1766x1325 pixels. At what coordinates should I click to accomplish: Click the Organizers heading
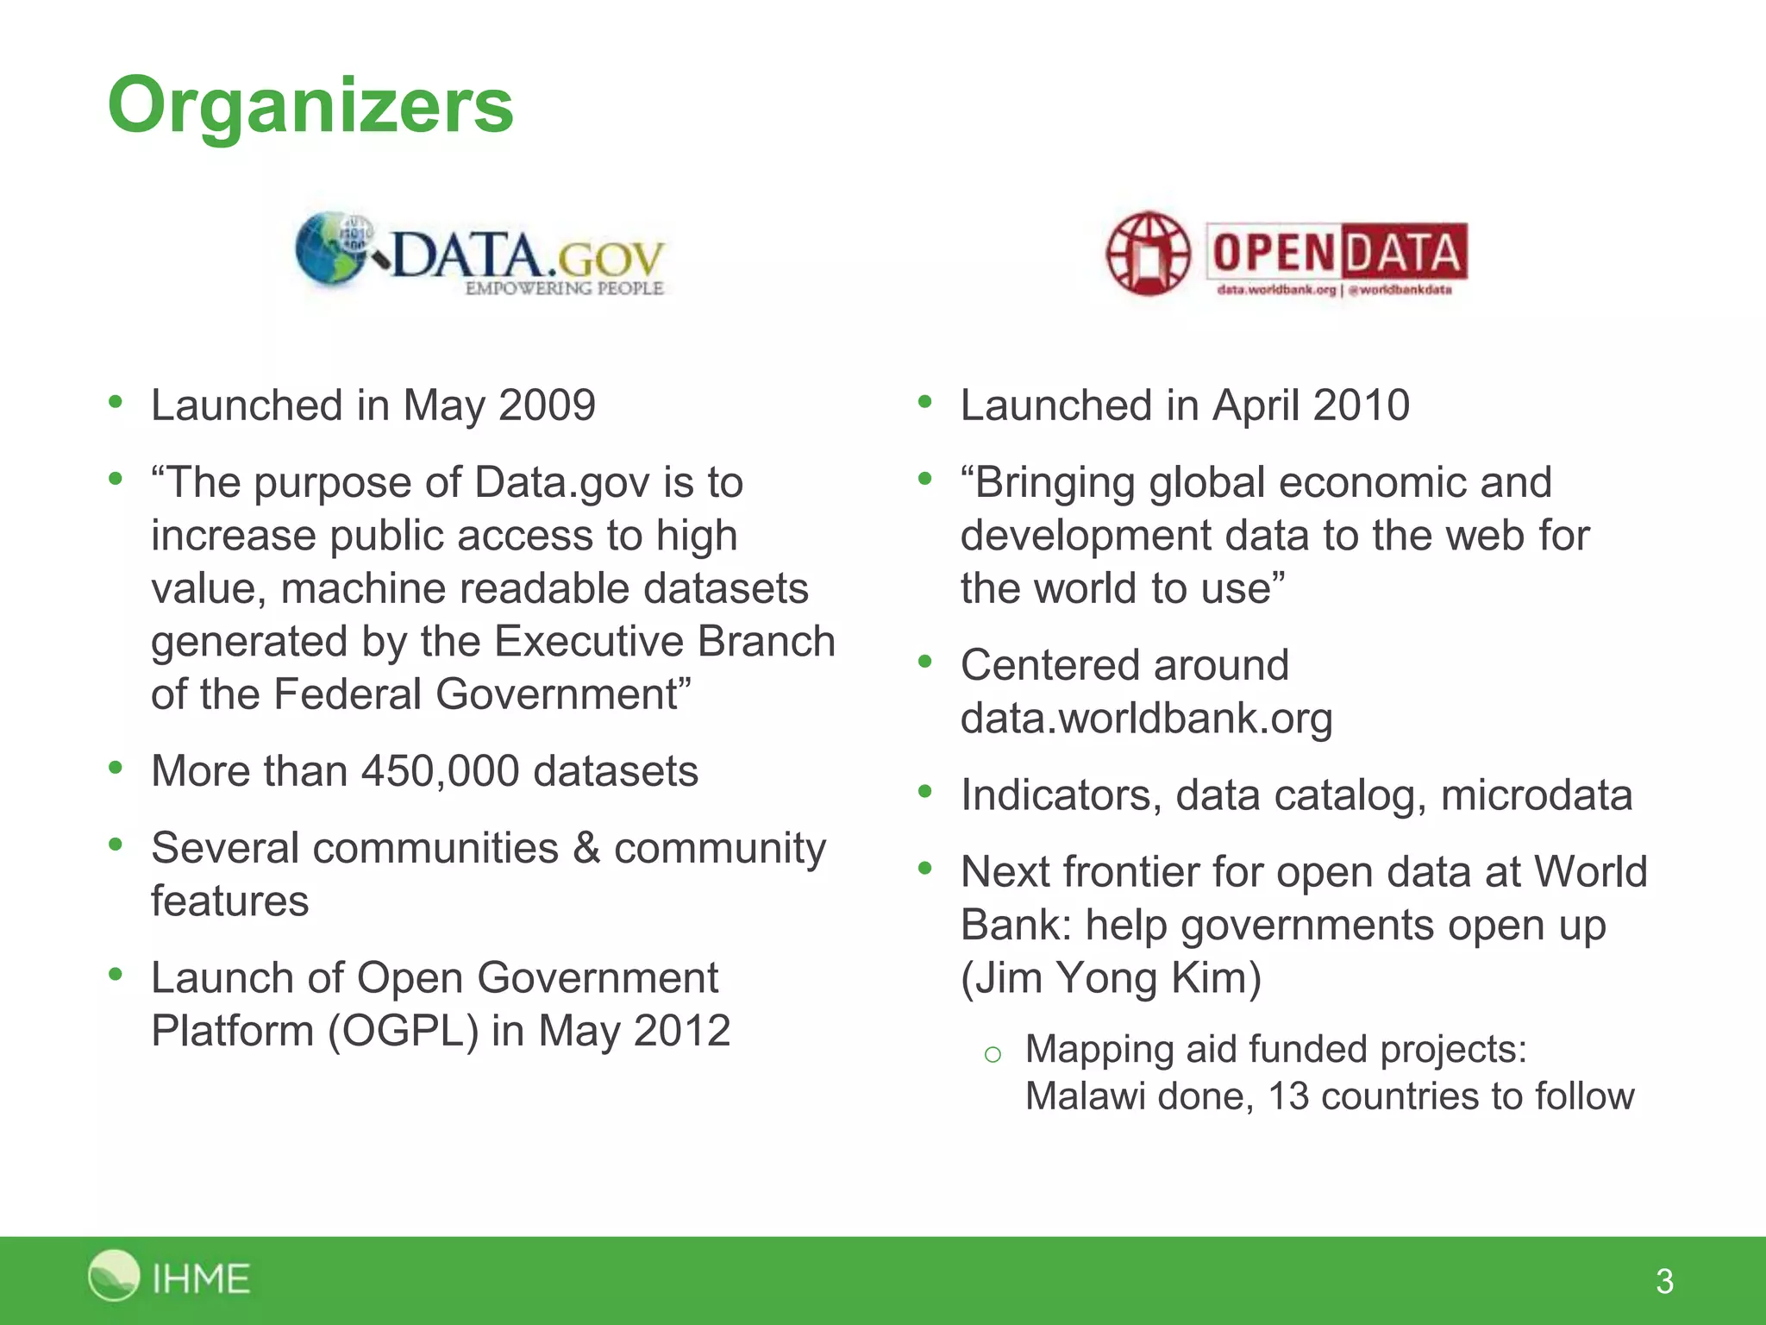(x=310, y=105)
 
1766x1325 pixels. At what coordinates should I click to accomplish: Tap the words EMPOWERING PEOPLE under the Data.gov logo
(x=564, y=288)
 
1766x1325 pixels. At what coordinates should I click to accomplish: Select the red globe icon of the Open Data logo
(x=1148, y=253)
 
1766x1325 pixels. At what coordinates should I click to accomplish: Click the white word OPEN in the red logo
(x=1273, y=253)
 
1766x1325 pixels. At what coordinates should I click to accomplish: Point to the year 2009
(x=547, y=405)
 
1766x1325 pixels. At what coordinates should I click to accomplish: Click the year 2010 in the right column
(x=1362, y=405)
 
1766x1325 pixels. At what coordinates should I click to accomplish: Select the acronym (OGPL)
(x=403, y=1031)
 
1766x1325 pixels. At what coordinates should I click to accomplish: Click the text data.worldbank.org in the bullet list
(x=1146, y=719)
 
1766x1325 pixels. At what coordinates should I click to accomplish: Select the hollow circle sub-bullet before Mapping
(x=993, y=1053)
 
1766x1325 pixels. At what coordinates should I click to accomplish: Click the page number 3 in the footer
(x=1664, y=1281)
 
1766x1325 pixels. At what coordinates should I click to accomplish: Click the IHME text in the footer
(x=201, y=1278)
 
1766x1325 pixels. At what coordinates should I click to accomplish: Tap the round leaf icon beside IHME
(x=113, y=1275)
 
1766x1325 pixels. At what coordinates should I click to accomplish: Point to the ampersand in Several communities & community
(x=586, y=848)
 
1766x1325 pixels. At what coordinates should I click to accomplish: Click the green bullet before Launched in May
(x=116, y=402)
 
